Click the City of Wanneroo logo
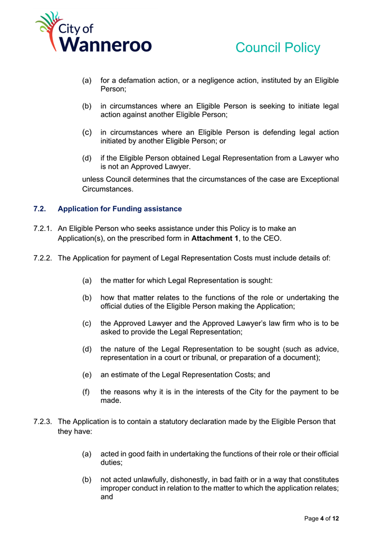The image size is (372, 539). pyautogui.click(x=93, y=33)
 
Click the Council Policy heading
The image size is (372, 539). pyautogui.click(x=278, y=47)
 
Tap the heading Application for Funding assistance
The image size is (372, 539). pyautogui.click(x=120, y=209)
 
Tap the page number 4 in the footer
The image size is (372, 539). pyautogui.click(x=322, y=519)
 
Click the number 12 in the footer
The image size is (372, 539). pyautogui.click(x=335, y=519)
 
